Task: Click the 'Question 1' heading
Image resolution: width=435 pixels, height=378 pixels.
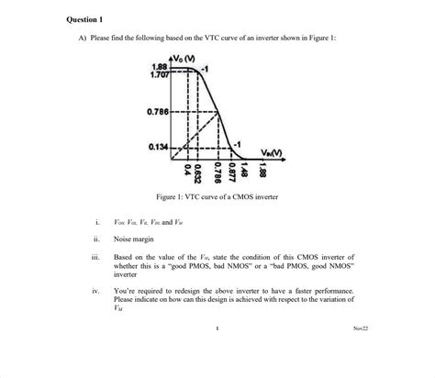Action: (x=86, y=18)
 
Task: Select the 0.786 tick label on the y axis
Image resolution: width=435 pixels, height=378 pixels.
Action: (x=157, y=113)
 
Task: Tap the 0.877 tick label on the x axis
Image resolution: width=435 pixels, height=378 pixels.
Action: (x=232, y=172)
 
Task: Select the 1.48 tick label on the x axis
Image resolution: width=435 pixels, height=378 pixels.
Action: (x=245, y=171)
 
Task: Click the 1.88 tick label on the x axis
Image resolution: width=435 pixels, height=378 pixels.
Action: (x=263, y=171)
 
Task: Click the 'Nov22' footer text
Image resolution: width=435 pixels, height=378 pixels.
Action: (x=360, y=328)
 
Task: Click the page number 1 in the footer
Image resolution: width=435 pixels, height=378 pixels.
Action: (x=217, y=328)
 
